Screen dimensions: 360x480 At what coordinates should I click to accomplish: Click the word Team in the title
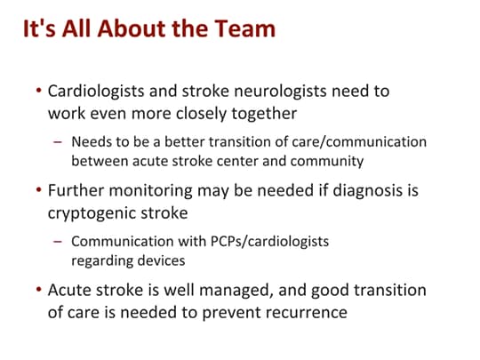point(246,29)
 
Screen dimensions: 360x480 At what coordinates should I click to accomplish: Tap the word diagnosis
point(364,190)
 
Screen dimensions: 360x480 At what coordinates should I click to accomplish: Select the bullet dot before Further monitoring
point(38,191)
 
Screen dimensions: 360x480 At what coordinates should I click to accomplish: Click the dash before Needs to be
point(59,142)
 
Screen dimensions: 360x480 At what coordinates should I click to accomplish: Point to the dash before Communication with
point(59,242)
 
